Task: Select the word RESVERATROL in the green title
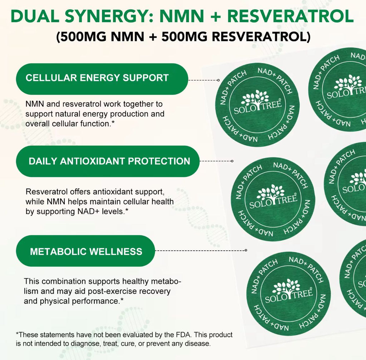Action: (x=291, y=16)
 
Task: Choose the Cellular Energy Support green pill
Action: (x=102, y=79)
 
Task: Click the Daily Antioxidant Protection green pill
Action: (x=108, y=161)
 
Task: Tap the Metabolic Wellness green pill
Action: (x=85, y=251)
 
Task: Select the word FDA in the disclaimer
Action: (x=183, y=335)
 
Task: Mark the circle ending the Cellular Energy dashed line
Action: (x=218, y=80)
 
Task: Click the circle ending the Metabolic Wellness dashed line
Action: (x=246, y=250)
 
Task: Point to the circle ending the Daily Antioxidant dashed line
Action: (x=232, y=161)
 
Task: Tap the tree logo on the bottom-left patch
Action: (x=286, y=286)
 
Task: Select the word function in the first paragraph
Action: (x=95, y=124)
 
